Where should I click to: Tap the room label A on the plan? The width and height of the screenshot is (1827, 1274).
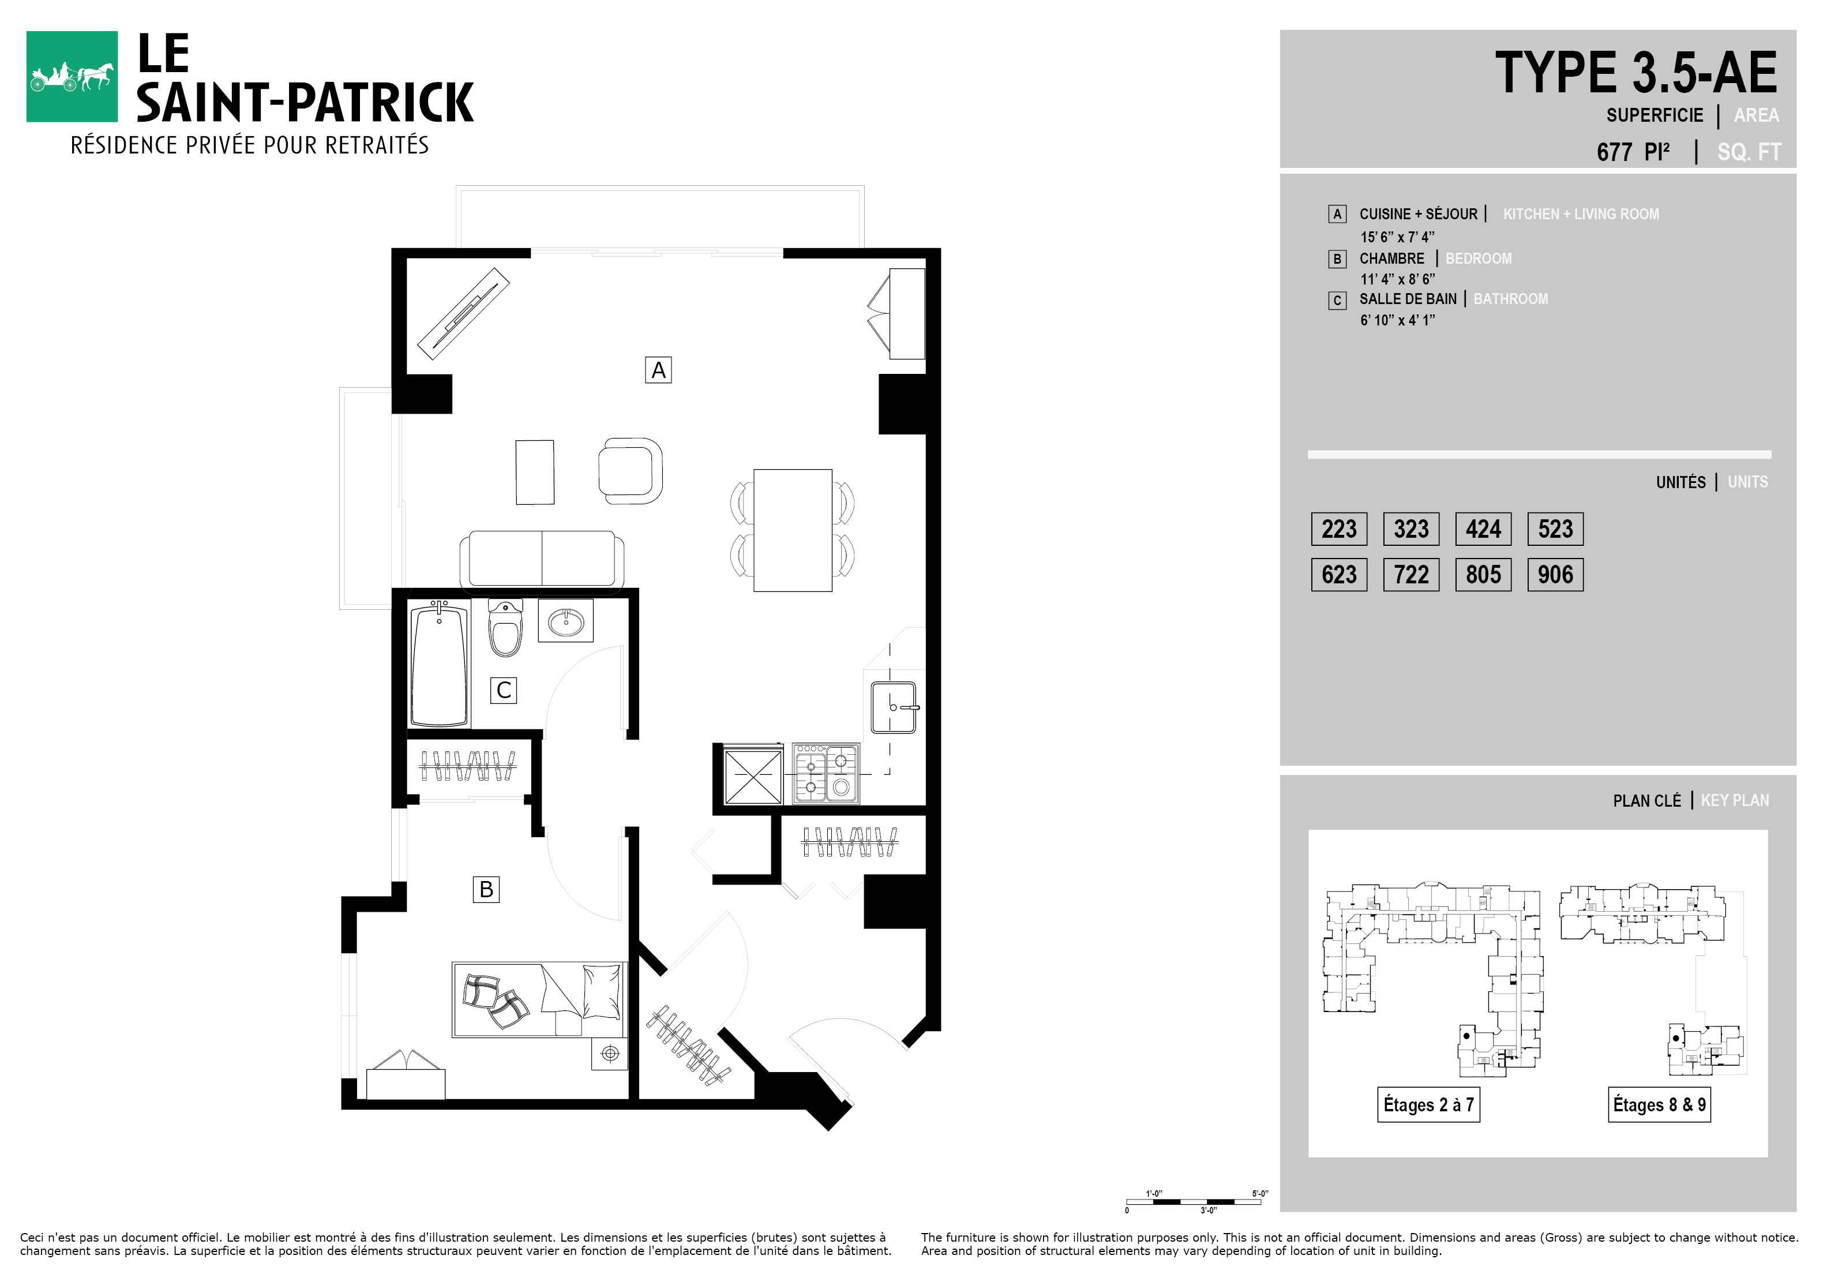point(658,370)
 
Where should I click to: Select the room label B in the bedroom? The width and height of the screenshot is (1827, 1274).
point(486,889)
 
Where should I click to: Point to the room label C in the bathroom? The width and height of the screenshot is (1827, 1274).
point(504,690)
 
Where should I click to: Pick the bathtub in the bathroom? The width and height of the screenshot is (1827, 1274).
point(438,665)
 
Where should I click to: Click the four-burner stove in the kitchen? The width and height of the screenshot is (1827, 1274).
point(826,774)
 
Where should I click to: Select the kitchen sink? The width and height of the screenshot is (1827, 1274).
point(894,707)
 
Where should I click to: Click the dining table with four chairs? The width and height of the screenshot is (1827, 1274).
point(793,530)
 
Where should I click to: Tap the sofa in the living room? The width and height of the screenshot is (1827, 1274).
point(542,560)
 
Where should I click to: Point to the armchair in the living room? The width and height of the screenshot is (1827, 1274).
point(630,470)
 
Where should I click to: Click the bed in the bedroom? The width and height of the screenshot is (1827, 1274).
point(539,999)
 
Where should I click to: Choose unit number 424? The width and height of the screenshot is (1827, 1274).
point(1483,529)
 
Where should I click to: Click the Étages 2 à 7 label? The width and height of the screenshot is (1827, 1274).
point(1428,1104)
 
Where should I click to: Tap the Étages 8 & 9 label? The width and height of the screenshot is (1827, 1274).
point(1659,1104)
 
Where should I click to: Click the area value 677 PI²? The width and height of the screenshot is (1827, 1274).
point(1633,151)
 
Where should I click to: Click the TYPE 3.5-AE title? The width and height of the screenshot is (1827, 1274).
point(1636,73)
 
